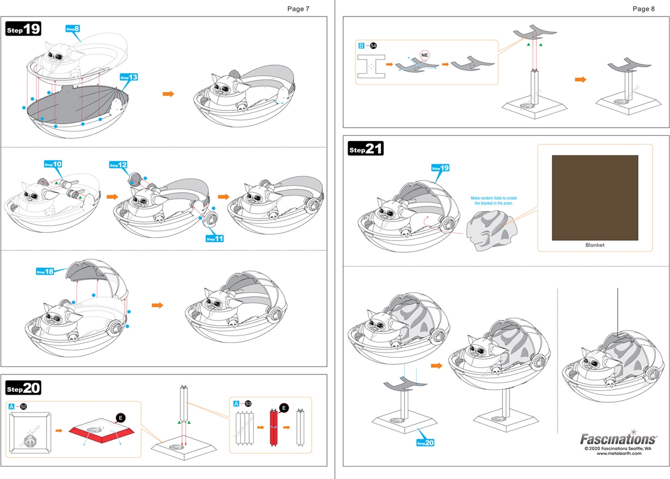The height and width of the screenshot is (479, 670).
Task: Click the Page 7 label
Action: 298,9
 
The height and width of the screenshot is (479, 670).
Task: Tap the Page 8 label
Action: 643,9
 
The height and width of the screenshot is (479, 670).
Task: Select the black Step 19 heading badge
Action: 24,29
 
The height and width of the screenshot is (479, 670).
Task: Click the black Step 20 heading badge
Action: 24,387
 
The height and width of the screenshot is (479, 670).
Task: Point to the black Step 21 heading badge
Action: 366,149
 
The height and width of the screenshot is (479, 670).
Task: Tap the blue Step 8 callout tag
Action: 73,29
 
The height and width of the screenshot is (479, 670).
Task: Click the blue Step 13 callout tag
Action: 129,77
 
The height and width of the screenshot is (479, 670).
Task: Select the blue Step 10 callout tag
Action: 53,164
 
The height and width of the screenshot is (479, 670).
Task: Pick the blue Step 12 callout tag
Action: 118,165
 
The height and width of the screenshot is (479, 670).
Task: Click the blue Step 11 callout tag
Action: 215,238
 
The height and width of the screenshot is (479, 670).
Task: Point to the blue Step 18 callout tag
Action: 45,271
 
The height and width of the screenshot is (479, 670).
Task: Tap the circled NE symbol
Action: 425,54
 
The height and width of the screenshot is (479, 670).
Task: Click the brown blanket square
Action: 595,197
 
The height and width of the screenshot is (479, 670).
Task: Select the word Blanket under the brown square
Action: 595,245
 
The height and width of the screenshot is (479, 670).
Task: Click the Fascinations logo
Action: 618,438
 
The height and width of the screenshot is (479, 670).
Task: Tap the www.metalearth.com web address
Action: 619,453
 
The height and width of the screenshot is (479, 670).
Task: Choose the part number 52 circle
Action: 23,405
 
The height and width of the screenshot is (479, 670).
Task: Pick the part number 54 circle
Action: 373,45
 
